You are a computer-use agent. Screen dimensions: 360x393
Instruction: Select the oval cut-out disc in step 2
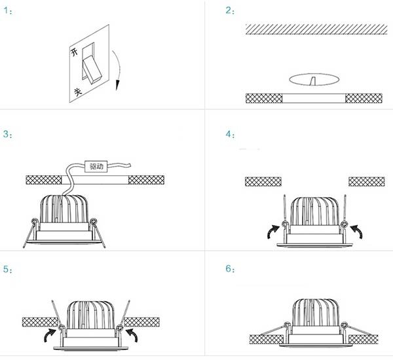[314, 79]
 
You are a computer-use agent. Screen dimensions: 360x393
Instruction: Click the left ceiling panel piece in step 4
[263, 181]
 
